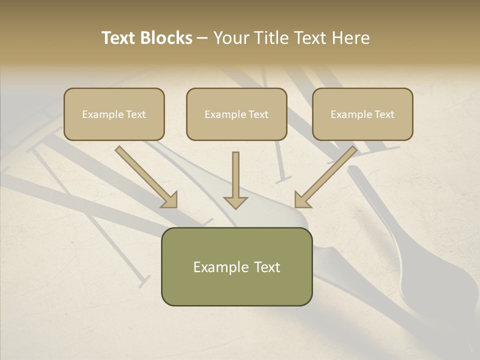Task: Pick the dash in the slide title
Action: pos(202,38)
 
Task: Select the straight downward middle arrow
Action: pos(235,175)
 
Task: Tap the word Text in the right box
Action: pos(384,114)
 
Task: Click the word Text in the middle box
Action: pos(258,114)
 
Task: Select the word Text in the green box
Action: pos(267,267)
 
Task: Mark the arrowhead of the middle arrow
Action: pos(235,202)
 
